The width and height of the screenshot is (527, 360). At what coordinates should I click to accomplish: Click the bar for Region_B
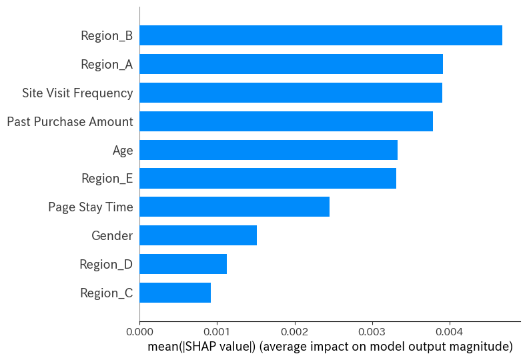click(x=320, y=35)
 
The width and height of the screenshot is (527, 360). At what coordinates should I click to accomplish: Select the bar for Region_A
click(x=291, y=64)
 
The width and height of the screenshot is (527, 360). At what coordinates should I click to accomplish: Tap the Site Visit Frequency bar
click(x=290, y=93)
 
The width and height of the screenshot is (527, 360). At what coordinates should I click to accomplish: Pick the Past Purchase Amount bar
click(x=286, y=121)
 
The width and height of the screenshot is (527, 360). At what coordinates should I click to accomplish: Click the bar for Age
click(x=268, y=150)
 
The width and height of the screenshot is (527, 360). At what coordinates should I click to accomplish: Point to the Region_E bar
click(x=268, y=179)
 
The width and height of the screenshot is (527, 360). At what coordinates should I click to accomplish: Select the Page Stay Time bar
click(x=234, y=207)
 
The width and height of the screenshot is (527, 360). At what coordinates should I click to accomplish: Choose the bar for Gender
click(x=198, y=235)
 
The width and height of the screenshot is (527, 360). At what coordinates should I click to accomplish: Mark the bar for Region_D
click(x=183, y=264)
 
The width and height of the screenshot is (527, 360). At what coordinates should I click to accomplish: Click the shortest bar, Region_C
click(x=175, y=293)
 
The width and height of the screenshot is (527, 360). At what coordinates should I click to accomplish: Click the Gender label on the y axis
click(x=112, y=235)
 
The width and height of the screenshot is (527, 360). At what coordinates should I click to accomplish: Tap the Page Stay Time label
click(x=91, y=207)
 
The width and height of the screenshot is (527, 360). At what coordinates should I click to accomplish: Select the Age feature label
click(x=123, y=150)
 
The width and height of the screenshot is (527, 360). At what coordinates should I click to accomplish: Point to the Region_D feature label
click(x=106, y=264)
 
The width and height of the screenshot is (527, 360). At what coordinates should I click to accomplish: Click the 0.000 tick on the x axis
click(x=139, y=330)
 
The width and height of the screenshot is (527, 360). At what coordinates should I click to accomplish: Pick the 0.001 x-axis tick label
click(x=217, y=330)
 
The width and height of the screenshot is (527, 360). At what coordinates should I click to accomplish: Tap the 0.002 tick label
click(x=294, y=330)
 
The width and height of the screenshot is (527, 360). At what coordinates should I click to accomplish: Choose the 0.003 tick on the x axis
click(x=372, y=330)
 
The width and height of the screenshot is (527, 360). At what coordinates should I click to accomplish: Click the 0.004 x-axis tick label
click(x=449, y=330)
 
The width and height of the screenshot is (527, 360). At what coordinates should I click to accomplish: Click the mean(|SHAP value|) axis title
click(x=330, y=347)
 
